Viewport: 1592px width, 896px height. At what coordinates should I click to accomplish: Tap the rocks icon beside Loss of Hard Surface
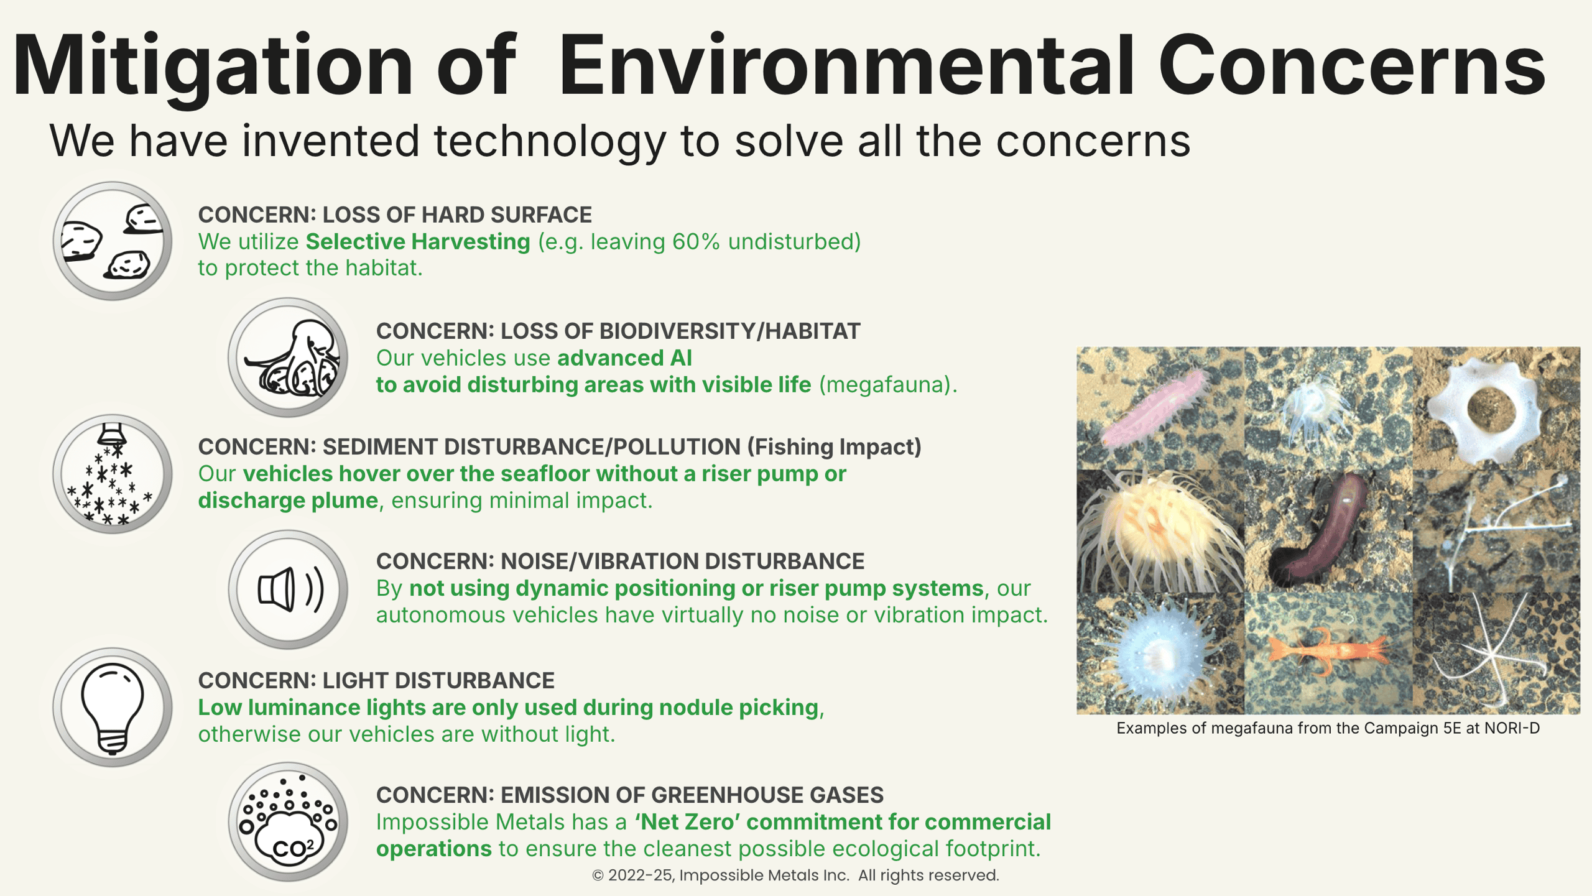[113, 241]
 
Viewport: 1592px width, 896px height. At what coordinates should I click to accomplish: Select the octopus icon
[288, 358]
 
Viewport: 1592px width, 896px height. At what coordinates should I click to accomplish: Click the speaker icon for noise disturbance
[288, 589]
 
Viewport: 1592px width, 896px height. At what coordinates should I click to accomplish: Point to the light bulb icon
[113, 707]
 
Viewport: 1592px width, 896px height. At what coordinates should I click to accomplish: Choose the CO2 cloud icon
[288, 822]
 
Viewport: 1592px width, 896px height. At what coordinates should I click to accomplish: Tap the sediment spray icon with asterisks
[113, 474]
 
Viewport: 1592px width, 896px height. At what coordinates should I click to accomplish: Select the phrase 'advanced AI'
[624, 358]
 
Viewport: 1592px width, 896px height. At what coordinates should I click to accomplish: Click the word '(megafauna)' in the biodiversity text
[888, 385]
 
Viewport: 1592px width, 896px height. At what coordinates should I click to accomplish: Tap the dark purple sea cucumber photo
[1323, 529]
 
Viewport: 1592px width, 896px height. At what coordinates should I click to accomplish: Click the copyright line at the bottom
[795, 875]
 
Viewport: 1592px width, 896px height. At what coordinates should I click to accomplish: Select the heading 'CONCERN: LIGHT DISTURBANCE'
[376, 681]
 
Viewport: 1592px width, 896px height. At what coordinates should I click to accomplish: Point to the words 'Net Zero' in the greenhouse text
[687, 822]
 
